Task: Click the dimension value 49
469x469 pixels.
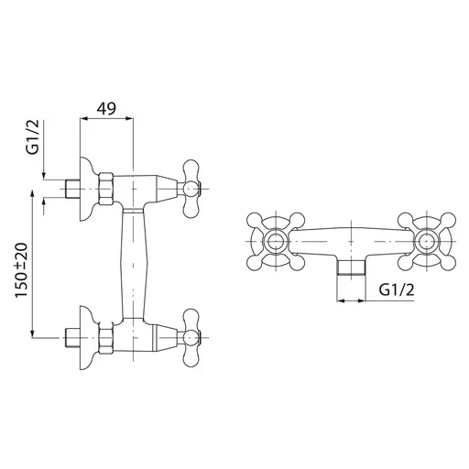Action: (106, 108)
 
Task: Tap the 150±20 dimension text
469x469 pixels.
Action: (22, 270)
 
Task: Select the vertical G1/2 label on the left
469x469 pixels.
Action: (33, 136)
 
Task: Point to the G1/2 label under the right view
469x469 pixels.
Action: (397, 289)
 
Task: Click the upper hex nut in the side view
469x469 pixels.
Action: (106, 189)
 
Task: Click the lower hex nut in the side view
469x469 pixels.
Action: (106, 338)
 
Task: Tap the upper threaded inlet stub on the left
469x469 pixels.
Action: (72, 189)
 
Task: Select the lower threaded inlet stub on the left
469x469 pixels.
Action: (72, 338)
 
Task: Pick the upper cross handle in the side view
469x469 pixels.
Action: (191, 189)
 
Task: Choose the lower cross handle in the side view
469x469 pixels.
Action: (191, 338)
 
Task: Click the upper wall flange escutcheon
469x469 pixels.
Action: (86, 189)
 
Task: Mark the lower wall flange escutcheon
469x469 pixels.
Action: (86, 338)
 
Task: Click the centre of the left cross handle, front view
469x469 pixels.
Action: (276, 241)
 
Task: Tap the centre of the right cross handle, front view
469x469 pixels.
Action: (426, 241)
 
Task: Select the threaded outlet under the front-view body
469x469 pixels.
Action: (351, 267)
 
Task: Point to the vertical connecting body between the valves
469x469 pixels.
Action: (134, 264)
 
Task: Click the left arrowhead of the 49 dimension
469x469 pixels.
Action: (83, 119)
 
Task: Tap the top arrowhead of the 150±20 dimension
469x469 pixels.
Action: (33, 193)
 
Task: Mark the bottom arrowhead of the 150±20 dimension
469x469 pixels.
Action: (33, 334)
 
